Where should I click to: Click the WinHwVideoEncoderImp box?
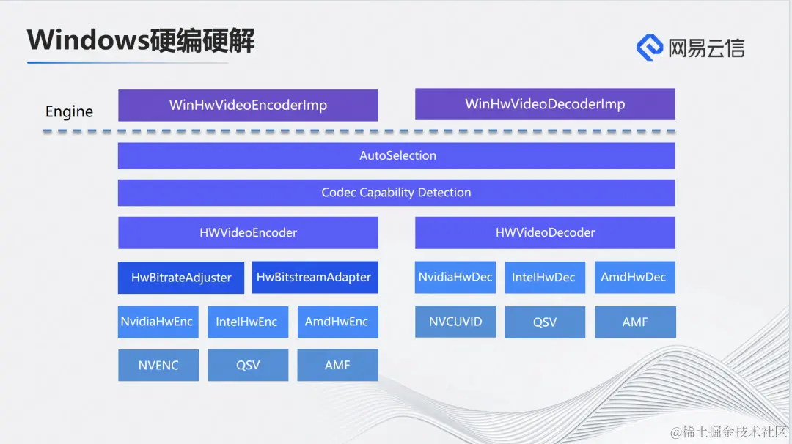248,105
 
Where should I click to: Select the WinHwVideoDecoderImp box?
545,104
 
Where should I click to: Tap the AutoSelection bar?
396,155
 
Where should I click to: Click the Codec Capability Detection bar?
396,193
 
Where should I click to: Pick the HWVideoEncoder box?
248,232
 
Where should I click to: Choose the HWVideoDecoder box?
545,232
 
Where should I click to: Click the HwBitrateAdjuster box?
181,278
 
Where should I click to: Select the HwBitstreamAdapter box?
315,278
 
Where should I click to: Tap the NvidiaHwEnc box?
158,322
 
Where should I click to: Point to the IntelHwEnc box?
247,322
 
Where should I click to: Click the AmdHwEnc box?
337,322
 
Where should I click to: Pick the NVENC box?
158,365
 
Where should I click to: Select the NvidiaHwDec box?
455,277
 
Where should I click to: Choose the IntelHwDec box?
544,277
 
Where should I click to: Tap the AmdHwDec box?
634,277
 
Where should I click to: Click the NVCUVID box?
455,322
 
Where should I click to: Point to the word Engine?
69,111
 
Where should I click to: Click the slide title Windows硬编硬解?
141,40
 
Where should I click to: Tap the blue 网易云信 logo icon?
650,48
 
